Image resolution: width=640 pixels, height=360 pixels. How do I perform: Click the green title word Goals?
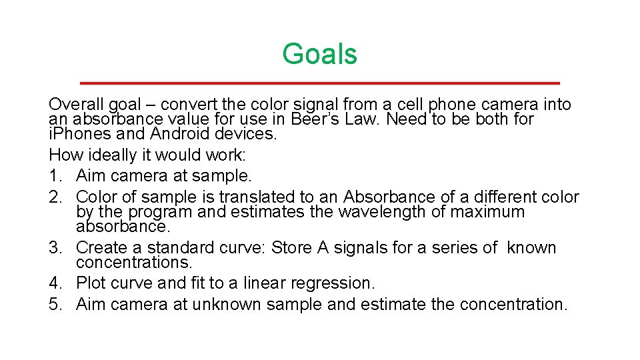click(x=319, y=54)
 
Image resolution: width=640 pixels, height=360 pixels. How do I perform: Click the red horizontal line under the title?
click(x=319, y=83)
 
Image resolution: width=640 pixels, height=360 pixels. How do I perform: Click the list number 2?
click(x=55, y=197)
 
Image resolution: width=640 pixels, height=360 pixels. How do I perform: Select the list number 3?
click(x=55, y=248)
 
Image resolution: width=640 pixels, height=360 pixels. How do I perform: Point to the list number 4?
click(x=55, y=283)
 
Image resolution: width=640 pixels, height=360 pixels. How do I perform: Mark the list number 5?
click(x=55, y=305)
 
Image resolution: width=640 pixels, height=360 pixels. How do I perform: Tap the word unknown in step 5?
click(x=227, y=305)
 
